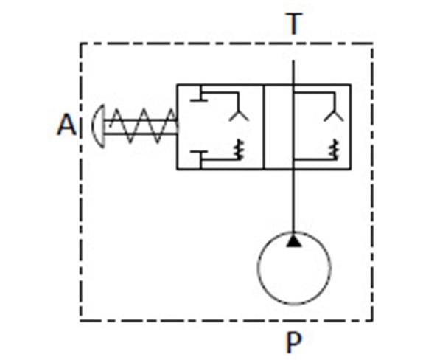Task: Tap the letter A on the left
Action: pos(67,125)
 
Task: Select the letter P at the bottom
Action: pos(293,342)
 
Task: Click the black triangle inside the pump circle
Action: pos(293,241)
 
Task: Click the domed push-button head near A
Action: pos(98,126)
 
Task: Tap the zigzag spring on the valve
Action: pos(144,125)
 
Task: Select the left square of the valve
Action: pos(177,127)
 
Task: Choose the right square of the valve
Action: pos(351,127)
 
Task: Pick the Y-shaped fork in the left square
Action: pos(239,115)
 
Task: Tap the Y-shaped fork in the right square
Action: pos(334,115)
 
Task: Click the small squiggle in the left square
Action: pos(240,149)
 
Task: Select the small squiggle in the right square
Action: pos(334,149)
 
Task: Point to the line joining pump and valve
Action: pos(293,201)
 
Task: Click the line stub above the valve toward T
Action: pos(293,72)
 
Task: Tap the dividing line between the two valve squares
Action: pos(264,127)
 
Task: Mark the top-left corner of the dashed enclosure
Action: pos(80,44)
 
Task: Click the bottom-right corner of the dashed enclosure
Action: pos(373,321)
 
